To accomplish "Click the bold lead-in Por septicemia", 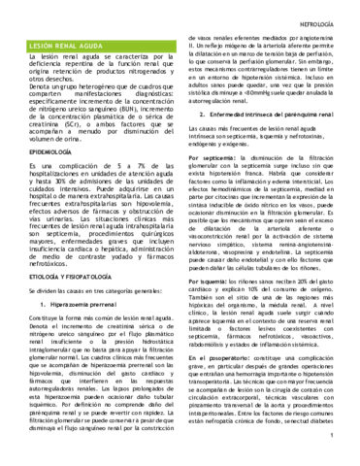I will (218, 155).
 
